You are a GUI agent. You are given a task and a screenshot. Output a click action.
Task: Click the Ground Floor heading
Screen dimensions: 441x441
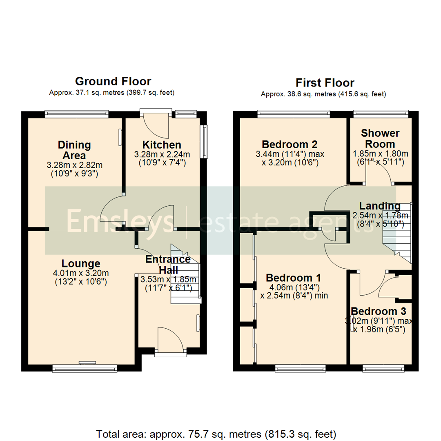coord(113,81)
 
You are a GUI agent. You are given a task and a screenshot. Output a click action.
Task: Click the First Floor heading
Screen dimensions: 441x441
coord(325,83)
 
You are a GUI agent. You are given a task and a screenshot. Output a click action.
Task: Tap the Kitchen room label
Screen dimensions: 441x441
coord(162,145)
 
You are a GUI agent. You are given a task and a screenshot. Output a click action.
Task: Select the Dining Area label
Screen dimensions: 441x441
coord(74,150)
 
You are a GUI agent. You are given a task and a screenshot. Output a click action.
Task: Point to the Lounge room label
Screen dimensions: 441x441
coord(81,263)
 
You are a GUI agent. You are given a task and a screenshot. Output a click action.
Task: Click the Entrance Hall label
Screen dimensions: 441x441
coord(168,264)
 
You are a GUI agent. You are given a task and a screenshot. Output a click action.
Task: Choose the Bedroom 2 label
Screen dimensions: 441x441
coord(290,144)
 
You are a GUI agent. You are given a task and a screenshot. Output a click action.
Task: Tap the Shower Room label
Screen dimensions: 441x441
coord(380,138)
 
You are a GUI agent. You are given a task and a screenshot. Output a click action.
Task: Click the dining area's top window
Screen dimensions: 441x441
coord(76,114)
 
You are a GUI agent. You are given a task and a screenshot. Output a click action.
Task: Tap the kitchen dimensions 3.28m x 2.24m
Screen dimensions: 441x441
coord(162,154)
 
